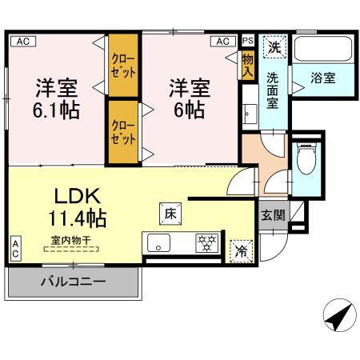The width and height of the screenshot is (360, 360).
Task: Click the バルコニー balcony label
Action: click(x=74, y=281)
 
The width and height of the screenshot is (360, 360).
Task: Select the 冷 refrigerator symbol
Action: click(x=240, y=251)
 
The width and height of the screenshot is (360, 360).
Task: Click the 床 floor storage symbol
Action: click(x=170, y=214)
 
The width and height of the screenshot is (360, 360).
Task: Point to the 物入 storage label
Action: click(x=247, y=65)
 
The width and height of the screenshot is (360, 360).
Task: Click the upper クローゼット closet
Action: click(x=123, y=66)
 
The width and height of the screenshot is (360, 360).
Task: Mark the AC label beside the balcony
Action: click(x=15, y=249)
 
